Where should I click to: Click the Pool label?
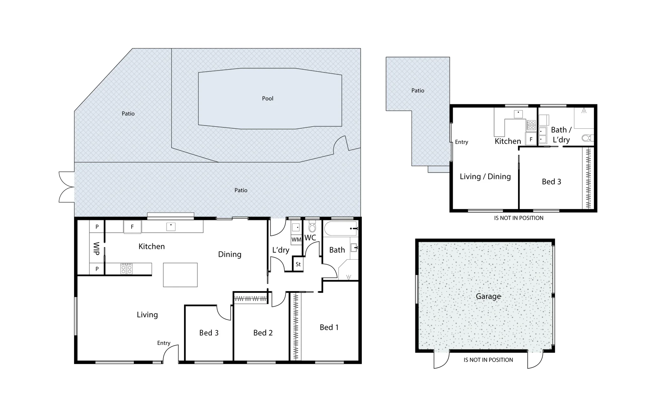tap(267, 99)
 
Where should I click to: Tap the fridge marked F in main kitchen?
tap(132, 227)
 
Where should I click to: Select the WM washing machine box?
tap(296, 240)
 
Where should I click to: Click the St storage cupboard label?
tap(298, 264)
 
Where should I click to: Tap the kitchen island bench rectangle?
tap(180, 275)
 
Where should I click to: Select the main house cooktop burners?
tap(127, 268)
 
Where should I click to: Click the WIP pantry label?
tap(96, 248)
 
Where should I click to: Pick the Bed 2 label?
tap(263, 333)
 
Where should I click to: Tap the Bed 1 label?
tap(329, 327)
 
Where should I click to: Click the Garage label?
tap(488, 296)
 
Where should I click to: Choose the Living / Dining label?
tap(485, 176)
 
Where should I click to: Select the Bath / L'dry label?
tap(561, 134)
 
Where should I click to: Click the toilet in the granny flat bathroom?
tap(587, 138)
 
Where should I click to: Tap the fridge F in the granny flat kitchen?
tap(531, 139)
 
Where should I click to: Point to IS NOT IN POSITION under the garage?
tap(488, 360)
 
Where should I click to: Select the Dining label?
tap(229, 254)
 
